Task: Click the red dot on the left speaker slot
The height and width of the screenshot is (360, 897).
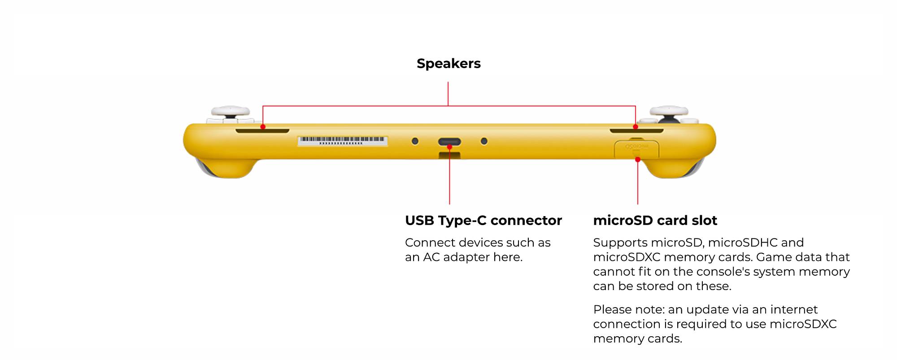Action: (263, 127)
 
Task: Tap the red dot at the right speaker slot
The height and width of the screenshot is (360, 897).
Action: (636, 127)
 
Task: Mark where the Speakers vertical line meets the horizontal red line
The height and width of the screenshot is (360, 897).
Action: (448, 106)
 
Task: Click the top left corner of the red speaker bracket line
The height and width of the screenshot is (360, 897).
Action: (263, 106)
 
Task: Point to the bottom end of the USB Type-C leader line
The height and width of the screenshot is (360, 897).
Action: (449, 204)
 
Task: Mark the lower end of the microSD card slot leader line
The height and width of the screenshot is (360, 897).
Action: (638, 204)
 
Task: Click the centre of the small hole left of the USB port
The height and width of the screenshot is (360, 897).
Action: (415, 141)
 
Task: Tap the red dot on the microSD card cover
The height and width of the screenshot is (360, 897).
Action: (638, 159)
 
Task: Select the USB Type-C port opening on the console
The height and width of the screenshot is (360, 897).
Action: (449, 142)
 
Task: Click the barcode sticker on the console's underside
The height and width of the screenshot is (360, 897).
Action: (343, 141)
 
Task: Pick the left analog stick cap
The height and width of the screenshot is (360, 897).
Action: (231, 111)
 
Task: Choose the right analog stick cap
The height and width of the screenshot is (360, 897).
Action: (669, 111)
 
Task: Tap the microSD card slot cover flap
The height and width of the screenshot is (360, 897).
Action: (636, 149)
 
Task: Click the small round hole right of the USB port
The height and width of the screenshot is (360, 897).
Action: (484, 141)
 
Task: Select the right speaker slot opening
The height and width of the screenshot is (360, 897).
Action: (636, 131)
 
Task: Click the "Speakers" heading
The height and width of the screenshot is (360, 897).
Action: (448, 64)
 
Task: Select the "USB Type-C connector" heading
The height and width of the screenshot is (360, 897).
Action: (483, 221)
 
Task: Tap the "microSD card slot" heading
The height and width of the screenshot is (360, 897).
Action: (655, 221)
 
